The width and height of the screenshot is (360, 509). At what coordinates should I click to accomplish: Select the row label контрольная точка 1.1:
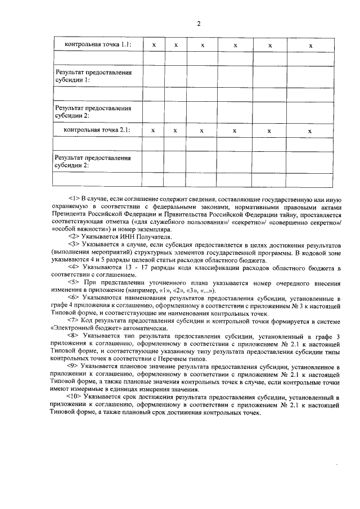pos(97,44)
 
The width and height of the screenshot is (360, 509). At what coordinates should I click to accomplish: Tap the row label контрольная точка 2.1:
pos(97,130)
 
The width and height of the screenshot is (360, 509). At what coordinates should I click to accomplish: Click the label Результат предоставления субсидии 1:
pos(93,76)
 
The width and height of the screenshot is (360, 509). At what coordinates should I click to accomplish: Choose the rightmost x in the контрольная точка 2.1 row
pos(309,130)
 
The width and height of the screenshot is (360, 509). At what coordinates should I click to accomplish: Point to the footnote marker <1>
pos(74,199)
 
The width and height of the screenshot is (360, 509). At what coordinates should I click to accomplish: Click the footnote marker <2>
pos(74,237)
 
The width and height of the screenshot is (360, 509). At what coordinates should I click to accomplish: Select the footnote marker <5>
pos(74,282)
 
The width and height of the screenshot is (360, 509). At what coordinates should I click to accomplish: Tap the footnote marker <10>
pos(76,396)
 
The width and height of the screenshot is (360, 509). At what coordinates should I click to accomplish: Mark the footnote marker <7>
pos(74,320)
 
